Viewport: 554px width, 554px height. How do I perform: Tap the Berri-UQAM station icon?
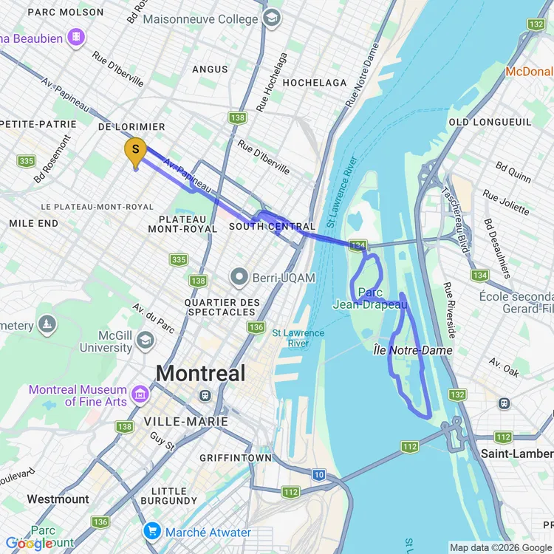click(239, 278)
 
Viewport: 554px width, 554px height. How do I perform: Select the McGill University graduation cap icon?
click(146, 340)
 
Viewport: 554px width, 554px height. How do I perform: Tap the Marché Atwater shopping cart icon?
click(153, 531)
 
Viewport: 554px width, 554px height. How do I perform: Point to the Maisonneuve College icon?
click(273, 16)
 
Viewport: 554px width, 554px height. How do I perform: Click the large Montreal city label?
click(201, 373)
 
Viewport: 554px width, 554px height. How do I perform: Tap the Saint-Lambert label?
click(515, 453)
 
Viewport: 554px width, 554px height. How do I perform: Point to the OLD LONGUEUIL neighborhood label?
click(490, 121)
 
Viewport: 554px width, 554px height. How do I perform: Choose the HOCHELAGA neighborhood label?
click(314, 83)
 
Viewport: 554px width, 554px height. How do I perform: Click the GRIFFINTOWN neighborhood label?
click(236, 458)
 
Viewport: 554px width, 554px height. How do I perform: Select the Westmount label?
click(58, 499)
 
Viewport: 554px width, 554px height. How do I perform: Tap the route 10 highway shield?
click(318, 475)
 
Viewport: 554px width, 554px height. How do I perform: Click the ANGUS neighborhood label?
click(210, 69)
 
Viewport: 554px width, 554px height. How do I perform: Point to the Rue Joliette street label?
click(506, 202)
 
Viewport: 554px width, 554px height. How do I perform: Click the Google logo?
click(30, 544)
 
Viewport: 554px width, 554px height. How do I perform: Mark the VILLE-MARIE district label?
click(185, 422)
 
